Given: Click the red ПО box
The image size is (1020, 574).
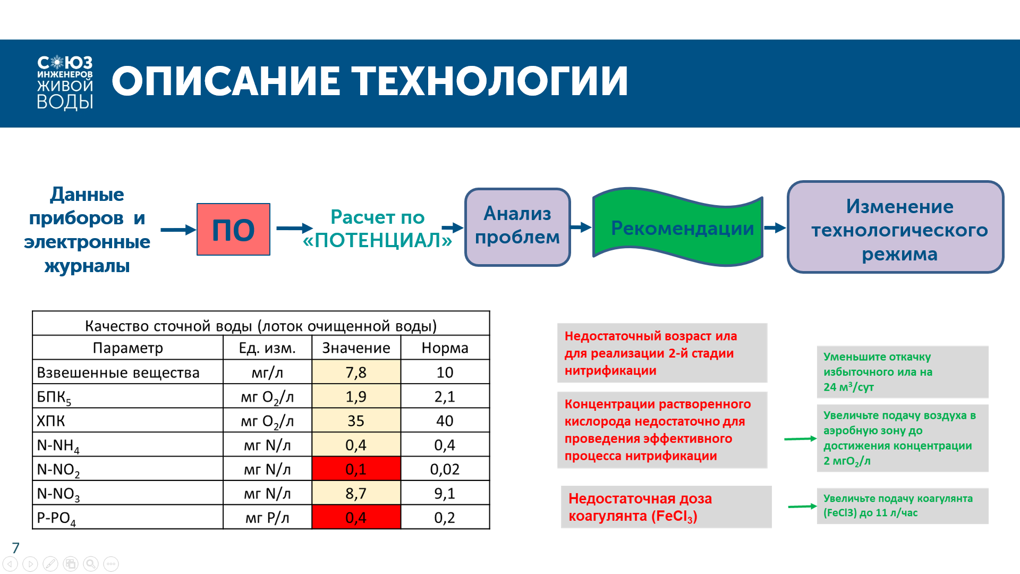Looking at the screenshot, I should (233, 230).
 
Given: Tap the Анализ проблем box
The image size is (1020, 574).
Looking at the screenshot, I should (517, 227).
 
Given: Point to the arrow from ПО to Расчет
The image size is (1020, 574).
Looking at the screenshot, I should (294, 229).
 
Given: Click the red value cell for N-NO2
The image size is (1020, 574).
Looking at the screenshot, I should (356, 469).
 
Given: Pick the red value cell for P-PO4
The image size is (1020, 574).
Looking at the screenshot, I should (356, 517).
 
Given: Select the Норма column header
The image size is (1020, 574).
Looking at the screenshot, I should (445, 348).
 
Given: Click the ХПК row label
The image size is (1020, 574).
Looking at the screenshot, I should (51, 421).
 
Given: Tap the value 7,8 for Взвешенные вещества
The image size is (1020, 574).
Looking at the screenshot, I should (356, 372).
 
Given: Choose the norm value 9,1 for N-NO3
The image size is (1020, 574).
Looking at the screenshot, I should (445, 493).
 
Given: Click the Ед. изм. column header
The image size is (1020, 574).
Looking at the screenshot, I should (267, 348).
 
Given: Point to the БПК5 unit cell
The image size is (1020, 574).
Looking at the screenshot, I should (267, 396).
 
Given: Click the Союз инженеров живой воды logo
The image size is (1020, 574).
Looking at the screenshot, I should (65, 83).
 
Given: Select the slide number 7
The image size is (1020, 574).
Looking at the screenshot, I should (16, 548).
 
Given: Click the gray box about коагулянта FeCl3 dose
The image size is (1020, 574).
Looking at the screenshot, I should (666, 507).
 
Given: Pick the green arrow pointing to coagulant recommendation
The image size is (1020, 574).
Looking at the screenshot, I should (802, 507).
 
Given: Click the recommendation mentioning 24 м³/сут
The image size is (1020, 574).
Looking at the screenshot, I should (902, 372).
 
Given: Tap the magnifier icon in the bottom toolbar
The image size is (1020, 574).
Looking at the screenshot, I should (91, 564).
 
